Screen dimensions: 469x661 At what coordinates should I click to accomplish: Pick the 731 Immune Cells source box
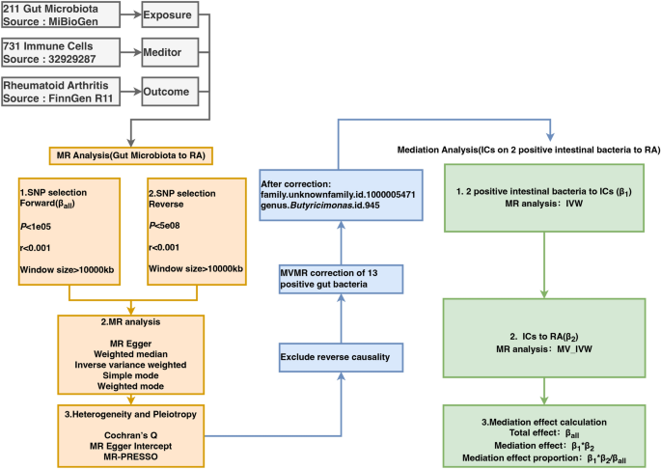(59, 51)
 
